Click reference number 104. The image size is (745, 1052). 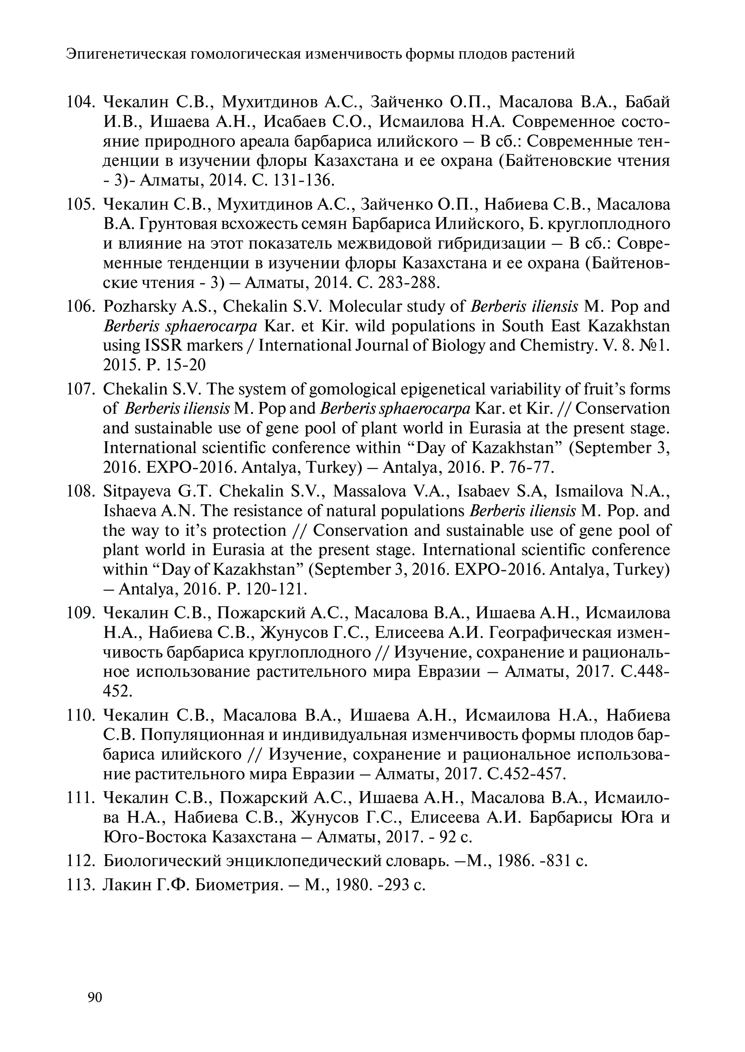point(80,102)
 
